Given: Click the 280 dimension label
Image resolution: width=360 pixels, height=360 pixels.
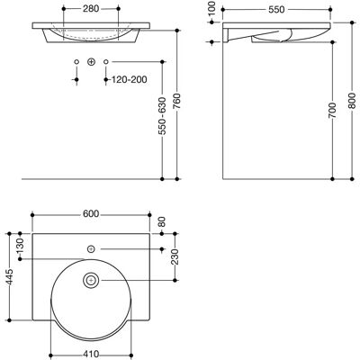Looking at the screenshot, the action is pyautogui.click(x=91, y=9).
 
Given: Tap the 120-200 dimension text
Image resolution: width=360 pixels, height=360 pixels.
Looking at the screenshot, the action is pyautogui.click(x=130, y=79).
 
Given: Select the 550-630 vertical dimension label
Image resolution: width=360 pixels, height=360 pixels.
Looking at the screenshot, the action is pyautogui.click(x=162, y=115).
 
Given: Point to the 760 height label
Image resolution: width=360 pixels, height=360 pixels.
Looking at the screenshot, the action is pyautogui.click(x=176, y=101).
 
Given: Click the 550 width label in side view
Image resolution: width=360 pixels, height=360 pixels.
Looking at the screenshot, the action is pyautogui.click(x=276, y=10).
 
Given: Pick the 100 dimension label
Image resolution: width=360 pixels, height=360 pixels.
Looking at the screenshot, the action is pyautogui.click(x=211, y=9).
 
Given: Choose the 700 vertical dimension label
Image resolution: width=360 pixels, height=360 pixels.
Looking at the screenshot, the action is pyautogui.click(x=332, y=110).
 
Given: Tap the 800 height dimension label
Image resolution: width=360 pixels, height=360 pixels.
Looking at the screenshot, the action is pyautogui.click(x=352, y=101).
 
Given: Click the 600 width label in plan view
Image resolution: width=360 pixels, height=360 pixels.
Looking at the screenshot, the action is pyautogui.click(x=91, y=214).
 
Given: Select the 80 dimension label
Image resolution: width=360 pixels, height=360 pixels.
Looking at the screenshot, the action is pyautogui.click(x=162, y=222).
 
